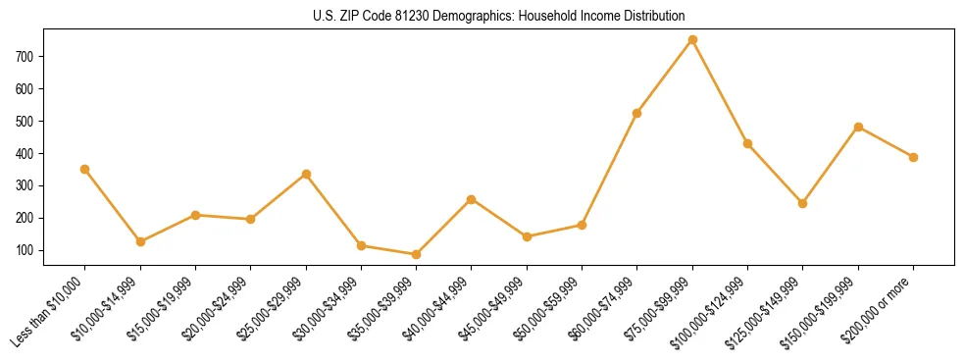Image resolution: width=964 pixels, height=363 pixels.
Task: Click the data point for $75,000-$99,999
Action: [x=692, y=40]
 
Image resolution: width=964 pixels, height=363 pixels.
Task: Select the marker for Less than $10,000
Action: [x=85, y=169]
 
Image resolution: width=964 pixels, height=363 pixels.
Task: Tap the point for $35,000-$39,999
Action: [x=416, y=254]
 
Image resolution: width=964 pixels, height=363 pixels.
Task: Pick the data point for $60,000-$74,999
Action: [x=637, y=113]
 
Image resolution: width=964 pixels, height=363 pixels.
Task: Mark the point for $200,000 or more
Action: [x=913, y=157]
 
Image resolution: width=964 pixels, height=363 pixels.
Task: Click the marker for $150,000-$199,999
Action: [x=858, y=127]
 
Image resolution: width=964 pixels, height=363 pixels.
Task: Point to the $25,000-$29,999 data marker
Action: [x=306, y=174]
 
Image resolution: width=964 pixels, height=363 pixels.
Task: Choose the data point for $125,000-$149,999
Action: [x=803, y=203]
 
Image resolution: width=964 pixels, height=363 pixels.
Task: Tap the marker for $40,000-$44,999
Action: [x=472, y=199]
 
